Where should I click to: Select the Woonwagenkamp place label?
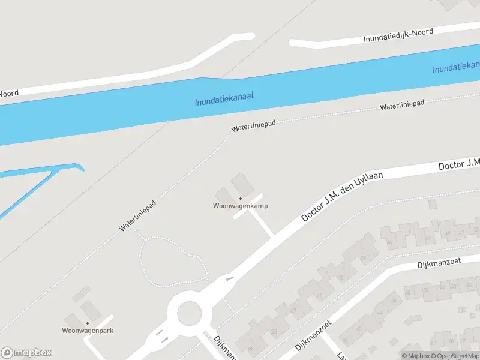click(240, 206)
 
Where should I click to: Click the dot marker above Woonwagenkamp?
click(240, 199)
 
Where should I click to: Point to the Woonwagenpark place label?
click(88, 331)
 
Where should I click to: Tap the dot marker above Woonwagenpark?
click(88, 323)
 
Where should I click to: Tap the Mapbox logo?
click(26, 353)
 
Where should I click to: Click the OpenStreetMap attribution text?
click(454, 356)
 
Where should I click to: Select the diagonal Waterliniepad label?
click(138, 216)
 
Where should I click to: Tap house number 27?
click(293, 310)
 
